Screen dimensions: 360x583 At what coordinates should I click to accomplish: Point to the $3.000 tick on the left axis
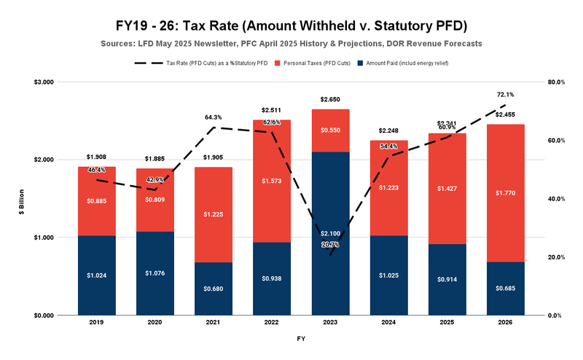click(44, 82)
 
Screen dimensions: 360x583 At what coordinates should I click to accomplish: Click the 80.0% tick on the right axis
click(557, 82)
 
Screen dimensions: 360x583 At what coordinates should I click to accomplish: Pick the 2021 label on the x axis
click(213, 322)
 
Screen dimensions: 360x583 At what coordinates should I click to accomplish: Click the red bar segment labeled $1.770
click(504, 193)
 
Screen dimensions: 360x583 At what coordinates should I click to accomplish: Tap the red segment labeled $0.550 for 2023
click(329, 130)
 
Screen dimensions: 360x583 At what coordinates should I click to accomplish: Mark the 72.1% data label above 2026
click(505, 95)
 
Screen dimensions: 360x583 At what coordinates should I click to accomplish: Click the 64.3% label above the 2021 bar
click(213, 117)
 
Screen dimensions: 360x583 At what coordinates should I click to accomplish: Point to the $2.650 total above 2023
click(329, 99)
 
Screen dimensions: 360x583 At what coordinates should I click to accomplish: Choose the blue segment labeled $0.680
click(213, 289)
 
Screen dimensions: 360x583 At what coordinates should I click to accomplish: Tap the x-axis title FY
click(300, 339)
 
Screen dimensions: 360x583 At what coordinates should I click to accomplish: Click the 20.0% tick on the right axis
click(557, 257)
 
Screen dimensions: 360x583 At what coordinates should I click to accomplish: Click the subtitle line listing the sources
click(291, 44)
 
